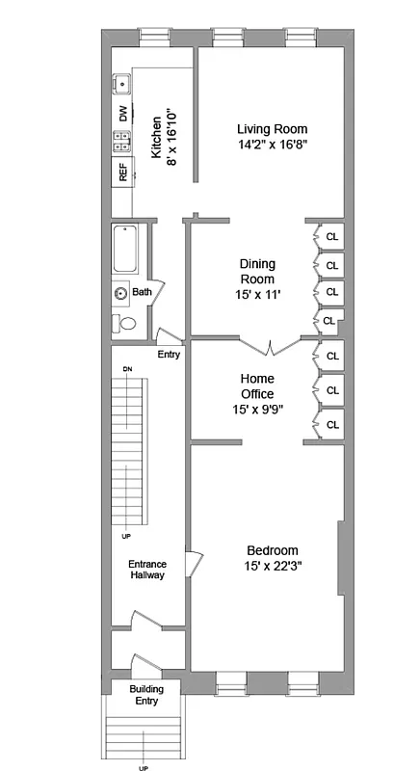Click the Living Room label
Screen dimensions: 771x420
coord(272,128)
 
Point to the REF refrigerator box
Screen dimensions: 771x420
coord(122,173)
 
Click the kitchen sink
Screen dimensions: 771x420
coord(122,85)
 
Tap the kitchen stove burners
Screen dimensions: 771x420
coord(122,142)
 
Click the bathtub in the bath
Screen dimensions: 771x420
coord(127,250)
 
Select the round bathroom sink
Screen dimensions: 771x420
coord(121,292)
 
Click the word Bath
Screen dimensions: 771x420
coord(142,292)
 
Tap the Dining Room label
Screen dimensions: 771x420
coord(257,271)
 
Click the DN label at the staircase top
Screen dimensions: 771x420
coord(127,369)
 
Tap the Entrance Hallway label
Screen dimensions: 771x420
coord(148,570)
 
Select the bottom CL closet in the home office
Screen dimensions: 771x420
coord(332,425)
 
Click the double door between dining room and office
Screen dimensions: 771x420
coord(271,343)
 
